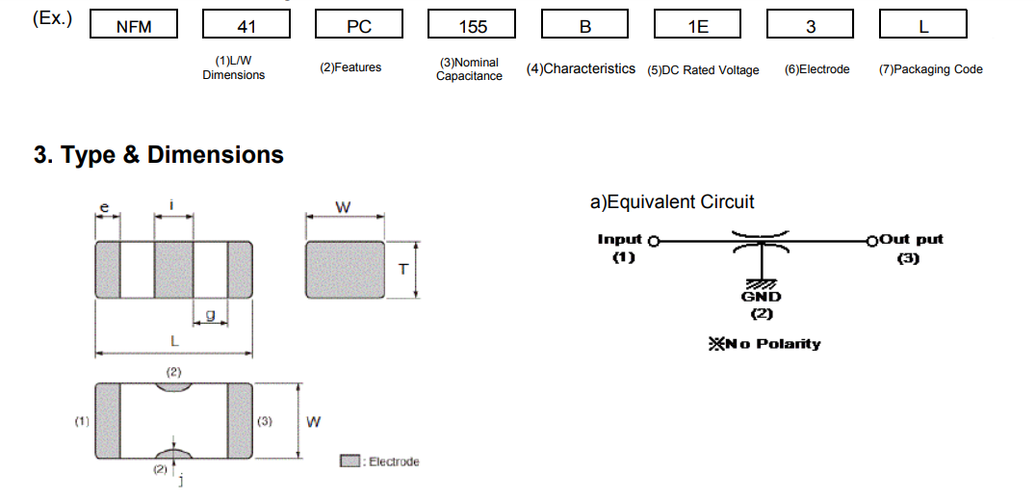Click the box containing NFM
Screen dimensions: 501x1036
point(134,25)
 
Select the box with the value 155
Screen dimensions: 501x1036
point(473,25)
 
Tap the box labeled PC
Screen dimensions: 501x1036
point(359,25)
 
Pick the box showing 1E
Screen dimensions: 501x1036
point(698,25)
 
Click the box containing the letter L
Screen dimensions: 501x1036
point(922,25)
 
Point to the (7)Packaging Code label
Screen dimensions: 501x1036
point(930,69)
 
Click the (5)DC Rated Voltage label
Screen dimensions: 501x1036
point(703,69)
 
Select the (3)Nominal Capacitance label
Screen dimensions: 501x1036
point(469,69)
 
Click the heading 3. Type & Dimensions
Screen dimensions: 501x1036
point(159,155)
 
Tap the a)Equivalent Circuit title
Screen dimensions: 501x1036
point(672,202)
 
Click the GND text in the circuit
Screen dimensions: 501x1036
point(761,297)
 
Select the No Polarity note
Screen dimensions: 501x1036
point(765,344)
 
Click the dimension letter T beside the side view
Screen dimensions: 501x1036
point(402,269)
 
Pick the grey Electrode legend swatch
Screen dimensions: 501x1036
point(350,461)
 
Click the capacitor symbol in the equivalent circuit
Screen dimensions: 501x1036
point(761,241)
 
